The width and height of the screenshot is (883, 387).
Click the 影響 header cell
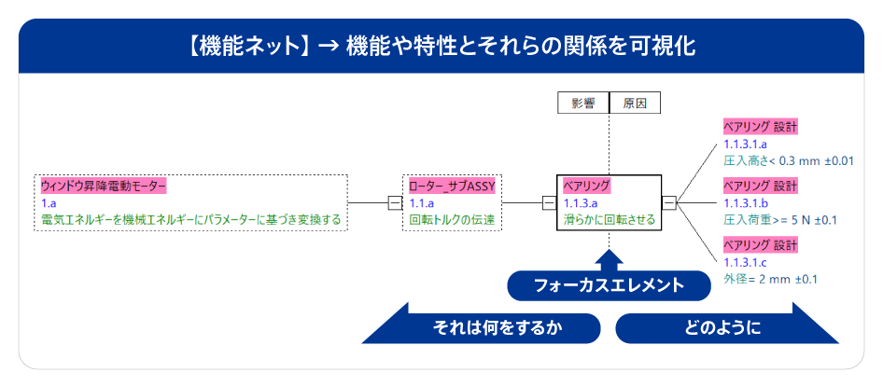[583, 104]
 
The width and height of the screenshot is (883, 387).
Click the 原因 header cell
[635, 104]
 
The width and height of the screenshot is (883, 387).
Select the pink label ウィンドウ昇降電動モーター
[104, 186]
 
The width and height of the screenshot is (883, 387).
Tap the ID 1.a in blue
[49, 203]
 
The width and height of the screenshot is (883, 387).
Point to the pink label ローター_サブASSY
[452, 186]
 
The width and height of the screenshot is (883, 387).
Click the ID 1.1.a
[421, 203]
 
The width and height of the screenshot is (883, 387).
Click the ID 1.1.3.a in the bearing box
[580, 203]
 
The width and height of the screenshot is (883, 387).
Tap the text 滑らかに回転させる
[610, 220]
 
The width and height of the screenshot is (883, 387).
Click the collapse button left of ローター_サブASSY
[396, 202]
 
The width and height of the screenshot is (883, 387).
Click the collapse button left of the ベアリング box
[549, 202]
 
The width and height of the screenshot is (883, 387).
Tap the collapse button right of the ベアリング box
[669, 202]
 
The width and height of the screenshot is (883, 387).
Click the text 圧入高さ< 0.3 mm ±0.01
[789, 161]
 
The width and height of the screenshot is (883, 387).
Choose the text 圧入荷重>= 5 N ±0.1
[780, 220]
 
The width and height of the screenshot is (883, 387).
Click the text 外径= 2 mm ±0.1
[770, 279]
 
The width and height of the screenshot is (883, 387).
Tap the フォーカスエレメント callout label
[609, 285]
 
